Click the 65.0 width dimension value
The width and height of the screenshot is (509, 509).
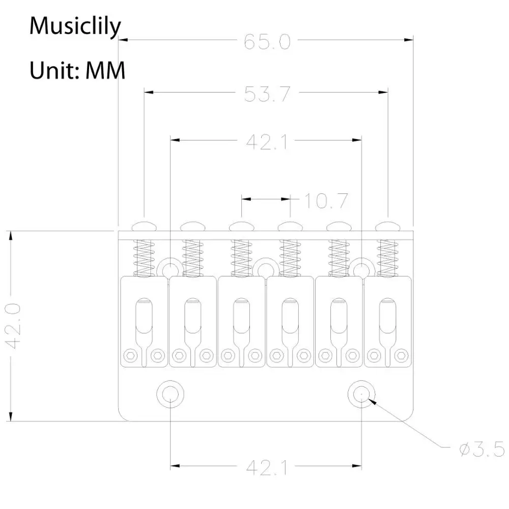(x=267, y=42)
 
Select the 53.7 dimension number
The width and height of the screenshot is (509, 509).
(x=267, y=94)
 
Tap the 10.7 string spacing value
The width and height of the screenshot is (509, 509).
(x=326, y=201)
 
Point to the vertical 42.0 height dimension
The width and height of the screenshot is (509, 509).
(x=14, y=326)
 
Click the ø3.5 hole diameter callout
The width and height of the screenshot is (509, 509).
(x=482, y=449)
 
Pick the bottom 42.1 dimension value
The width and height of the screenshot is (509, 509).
(x=267, y=468)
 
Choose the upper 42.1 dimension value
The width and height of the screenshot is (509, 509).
(x=267, y=142)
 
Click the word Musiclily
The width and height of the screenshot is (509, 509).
(x=75, y=26)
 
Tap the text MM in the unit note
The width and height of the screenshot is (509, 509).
(x=105, y=70)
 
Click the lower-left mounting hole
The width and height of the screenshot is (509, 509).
(x=170, y=394)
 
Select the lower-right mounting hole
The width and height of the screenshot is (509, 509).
(x=361, y=394)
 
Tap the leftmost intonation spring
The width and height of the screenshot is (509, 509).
(x=144, y=258)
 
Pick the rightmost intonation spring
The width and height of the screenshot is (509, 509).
(x=387, y=258)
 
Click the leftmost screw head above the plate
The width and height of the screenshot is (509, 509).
(x=144, y=227)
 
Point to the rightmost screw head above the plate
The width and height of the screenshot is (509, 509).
(x=387, y=227)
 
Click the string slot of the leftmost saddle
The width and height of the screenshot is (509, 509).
(x=144, y=316)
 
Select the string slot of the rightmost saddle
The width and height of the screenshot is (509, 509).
(x=387, y=316)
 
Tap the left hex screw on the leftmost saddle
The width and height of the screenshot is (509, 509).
(x=130, y=356)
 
